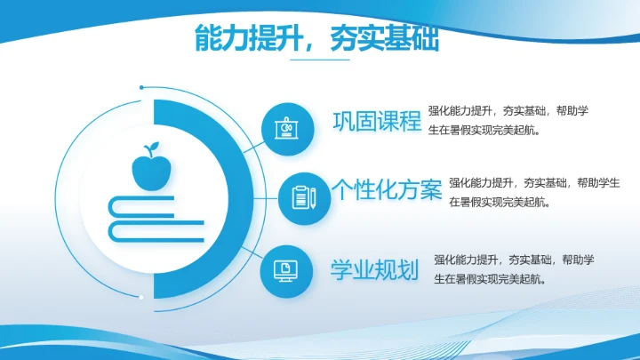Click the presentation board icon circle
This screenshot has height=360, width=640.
tap(287, 128)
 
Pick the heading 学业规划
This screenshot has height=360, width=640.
tap(374, 269)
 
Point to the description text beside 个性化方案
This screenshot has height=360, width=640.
tap(533, 192)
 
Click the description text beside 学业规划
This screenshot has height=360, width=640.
tap(514, 269)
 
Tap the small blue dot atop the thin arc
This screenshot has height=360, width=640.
tap(141, 87)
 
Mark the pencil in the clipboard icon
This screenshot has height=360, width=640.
tap(313, 197)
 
